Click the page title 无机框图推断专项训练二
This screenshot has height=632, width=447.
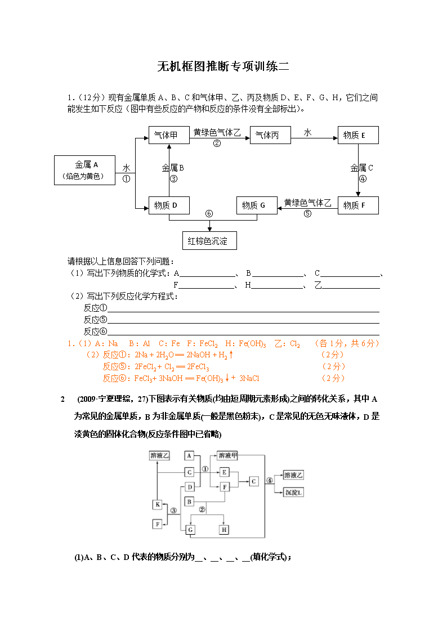(x=223, y=66)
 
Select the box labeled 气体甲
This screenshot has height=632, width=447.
(x=169, y=135)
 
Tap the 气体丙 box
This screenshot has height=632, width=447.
(x=270, y=135)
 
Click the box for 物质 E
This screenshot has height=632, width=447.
(x=358, y=135)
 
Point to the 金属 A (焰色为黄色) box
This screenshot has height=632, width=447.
(x=84, y=170)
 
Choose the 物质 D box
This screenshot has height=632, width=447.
(x=169, y=205)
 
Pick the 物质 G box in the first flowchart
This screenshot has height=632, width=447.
(x=257, y=205)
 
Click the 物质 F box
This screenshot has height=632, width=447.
(x=358, y=205)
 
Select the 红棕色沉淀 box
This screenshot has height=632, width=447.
(x=209, y=241)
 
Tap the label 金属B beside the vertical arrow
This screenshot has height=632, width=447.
(x=173, y=168)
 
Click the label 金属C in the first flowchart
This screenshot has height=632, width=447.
(x=361, y=168)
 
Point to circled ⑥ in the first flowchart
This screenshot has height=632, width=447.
(x=209, y=214)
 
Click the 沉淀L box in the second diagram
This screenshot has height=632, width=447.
(x=293, y=492)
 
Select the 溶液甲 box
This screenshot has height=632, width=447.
(x=228, y=455)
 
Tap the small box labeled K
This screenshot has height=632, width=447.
(x=158, y=504)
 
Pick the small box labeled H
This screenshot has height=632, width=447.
(x=224, y=530)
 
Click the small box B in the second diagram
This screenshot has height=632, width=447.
(x=190, y=502)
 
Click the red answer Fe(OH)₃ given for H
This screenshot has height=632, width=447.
(x=252, y=344)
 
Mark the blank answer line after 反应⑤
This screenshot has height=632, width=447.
(x=243, y=323)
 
